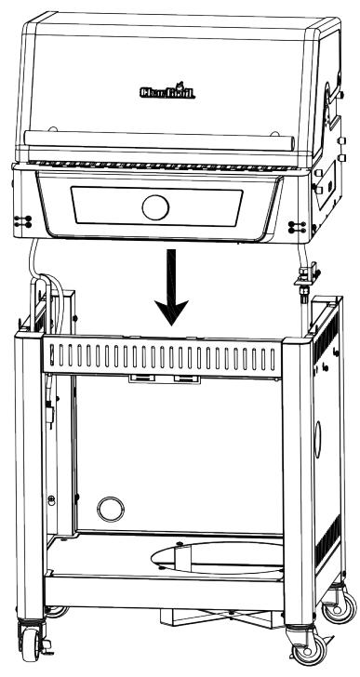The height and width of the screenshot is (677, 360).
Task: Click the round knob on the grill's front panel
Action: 157,206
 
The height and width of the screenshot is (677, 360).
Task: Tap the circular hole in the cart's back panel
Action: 110,508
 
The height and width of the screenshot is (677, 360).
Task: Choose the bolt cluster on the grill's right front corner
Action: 296,226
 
